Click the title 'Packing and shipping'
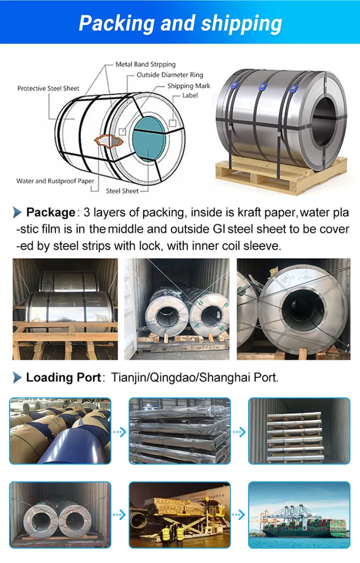[180, 23]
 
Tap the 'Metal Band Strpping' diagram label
[145, 64]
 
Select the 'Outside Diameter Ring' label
[169, 75]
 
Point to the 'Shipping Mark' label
[189, 86]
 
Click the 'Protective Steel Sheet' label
[48, 88]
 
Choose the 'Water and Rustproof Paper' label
[55, 181]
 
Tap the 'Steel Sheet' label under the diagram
[122, 191]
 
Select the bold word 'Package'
[50, 212]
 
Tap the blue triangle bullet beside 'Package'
[17, 213]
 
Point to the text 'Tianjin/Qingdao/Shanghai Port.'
[195, 377]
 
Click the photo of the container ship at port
[299, 515]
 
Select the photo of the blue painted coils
[60, 431]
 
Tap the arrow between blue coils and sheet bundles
[120, 432]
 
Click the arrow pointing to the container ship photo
[239, 515]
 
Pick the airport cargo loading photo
[180, 515]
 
